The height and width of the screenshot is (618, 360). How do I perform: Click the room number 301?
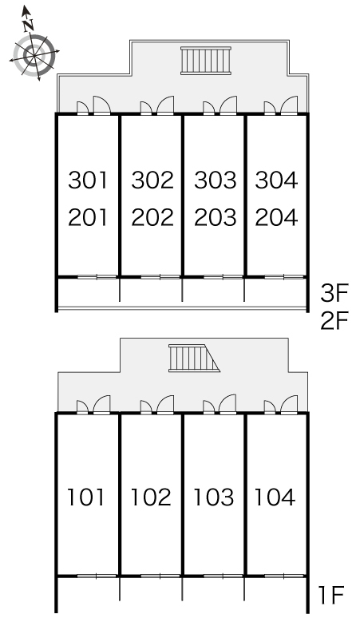point(88,180)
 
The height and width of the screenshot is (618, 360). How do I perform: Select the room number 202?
point(152,217)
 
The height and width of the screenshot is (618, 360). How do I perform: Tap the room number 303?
point(215,180)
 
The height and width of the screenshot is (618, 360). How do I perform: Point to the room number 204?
point(276,217)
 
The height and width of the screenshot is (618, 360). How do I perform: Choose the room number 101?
point(86,497)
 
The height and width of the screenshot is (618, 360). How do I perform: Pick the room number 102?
point(151,497)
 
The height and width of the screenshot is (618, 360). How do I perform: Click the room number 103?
point(213,497)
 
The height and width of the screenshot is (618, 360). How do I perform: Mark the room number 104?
point(275,497)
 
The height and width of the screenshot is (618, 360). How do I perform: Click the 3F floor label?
point(334,294)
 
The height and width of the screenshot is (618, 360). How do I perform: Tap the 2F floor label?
point(334,321)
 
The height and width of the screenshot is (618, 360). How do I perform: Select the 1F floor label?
point(330,595)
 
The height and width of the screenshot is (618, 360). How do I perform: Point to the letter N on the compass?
point(28,26)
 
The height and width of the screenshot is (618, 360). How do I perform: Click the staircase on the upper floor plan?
point(206,61)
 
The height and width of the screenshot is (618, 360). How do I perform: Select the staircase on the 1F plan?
point(194,358)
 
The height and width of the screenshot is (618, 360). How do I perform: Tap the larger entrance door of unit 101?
point(101,404)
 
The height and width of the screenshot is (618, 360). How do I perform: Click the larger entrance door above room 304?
point(289,105)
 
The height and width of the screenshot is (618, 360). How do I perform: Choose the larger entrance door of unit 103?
point(227,404)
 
